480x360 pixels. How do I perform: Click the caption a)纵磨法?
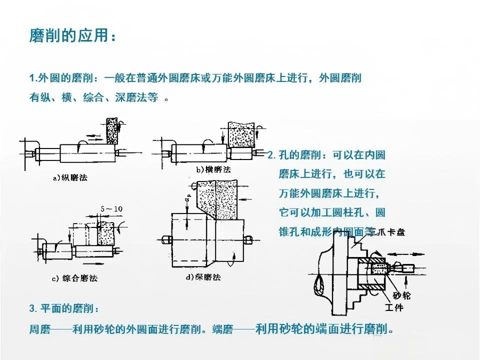coord(70,177)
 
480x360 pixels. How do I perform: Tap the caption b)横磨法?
coord(214,170)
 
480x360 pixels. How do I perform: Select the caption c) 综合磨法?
coord(74,278)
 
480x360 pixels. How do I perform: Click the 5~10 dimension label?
coord(111,208)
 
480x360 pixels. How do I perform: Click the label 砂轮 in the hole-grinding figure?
coord(401,295)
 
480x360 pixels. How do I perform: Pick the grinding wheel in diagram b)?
coord(239,133)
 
